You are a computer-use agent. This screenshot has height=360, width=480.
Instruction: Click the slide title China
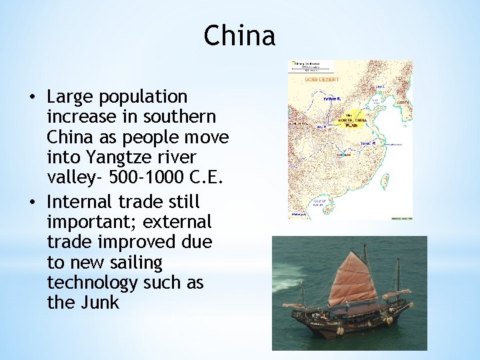point(239,35)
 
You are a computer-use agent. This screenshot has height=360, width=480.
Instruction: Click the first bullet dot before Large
point(32,97)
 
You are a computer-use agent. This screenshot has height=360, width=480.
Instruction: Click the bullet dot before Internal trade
point(32,201)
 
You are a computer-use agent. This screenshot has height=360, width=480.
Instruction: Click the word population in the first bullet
point(143,97)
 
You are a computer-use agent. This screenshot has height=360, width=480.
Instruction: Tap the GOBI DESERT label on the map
point(322,79)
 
